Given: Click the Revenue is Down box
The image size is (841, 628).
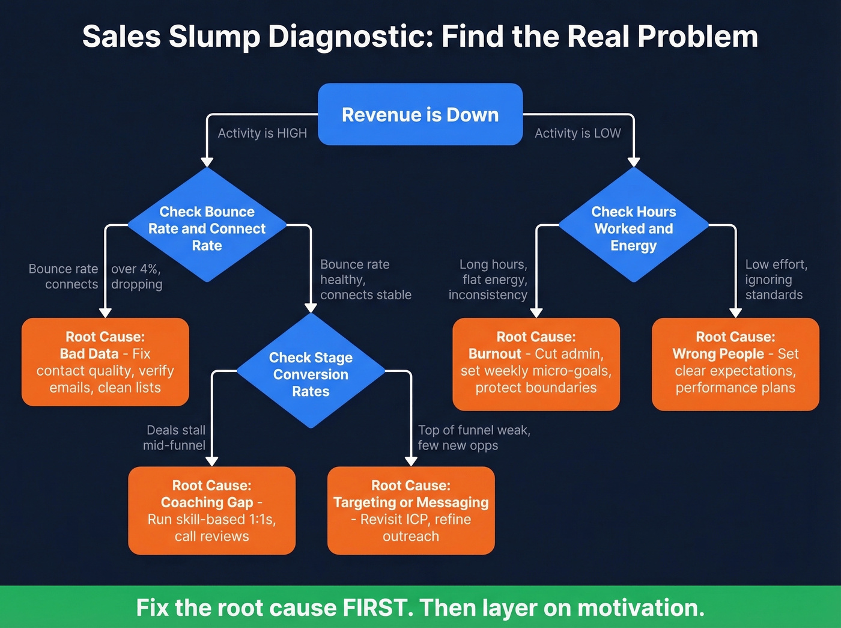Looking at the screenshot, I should click(420, 114).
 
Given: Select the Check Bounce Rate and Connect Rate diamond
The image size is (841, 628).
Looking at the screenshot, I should click(207, 228).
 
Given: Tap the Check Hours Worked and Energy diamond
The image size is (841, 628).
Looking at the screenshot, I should click(633, 228).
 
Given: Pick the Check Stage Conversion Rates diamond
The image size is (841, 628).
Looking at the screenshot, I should click(311, 374).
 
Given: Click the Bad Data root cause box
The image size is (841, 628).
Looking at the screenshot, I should click(105, 362).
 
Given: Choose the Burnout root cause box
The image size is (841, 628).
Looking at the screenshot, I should click(536, 364).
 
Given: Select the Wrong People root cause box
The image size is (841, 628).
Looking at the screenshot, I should click(735, 364).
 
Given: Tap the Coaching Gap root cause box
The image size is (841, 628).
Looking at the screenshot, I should click(211, 510).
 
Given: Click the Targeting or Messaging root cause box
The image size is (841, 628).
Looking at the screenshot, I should click(411, 510).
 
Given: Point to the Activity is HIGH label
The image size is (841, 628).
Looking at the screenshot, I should click(262, 133).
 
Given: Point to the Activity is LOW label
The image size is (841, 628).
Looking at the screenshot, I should click(578, 133).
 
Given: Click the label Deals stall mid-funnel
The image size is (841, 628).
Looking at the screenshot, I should click(175, 437).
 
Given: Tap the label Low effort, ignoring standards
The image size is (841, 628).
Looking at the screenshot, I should click(776, 279).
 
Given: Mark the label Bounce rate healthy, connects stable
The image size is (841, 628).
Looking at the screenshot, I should click(365, 279).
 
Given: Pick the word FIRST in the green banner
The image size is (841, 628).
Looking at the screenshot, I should click(377, 608).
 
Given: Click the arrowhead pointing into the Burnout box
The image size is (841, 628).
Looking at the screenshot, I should click(536, 312).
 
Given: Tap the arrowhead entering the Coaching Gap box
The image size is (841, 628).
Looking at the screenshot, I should click(211, 461).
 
